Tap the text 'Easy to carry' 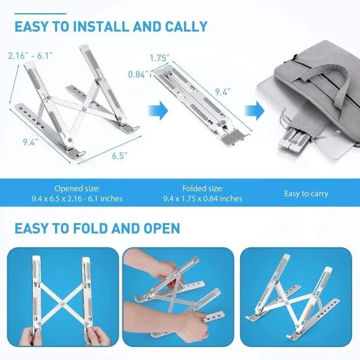(306, 194)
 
